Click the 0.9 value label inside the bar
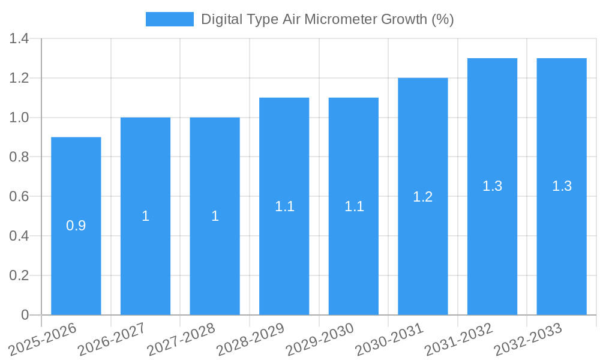pos(76,226)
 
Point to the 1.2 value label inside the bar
pos(423,197)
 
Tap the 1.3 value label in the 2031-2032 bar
pos(492,187)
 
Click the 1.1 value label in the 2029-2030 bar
pos(354,206)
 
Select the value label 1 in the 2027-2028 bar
pos(215,217)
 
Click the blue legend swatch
pos(170,19)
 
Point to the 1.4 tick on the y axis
pos(19,39)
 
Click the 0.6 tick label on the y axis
pos(19,197)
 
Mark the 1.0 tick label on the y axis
pos(19,118)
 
